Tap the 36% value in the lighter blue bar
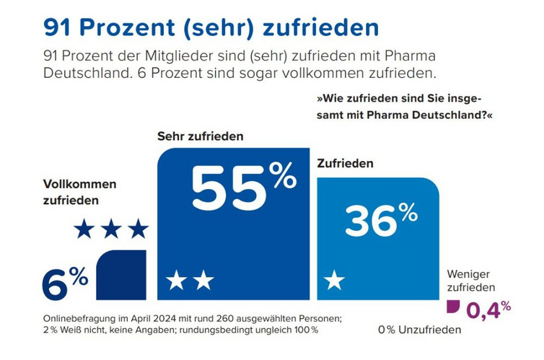click(381, 221)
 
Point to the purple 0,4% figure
click(488, 310)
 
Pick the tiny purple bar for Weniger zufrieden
click(453, 306)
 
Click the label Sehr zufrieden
click(201, 136)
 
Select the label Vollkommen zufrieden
click(79, 193)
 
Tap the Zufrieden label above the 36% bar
click(345, 164)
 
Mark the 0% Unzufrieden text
click(419, 330)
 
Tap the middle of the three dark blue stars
click(111, 229)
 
